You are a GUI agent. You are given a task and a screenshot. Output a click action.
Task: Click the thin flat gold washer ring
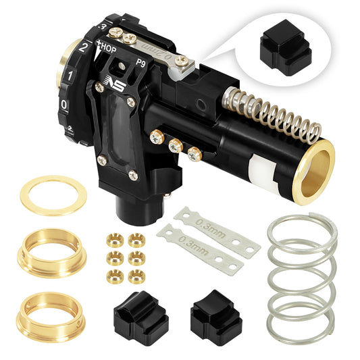(x=49, y=195)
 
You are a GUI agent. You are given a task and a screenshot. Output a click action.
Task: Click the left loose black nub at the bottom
(x=141, y=317)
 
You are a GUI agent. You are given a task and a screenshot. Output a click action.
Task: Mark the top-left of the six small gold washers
(x=114, y=239)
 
